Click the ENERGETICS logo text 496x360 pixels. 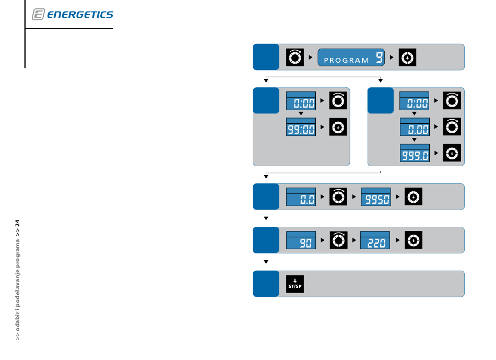click(x=80, y=15)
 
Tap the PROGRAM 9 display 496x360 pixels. click(x=351, y=57)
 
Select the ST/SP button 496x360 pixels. click(x=295, y=284)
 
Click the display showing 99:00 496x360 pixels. click(x=301, y=126)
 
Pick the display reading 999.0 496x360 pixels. click(x=415, y=153)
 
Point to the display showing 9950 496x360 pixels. click(x=376, y=196)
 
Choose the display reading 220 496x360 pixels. click(x=375, y=240)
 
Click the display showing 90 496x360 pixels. click(x=301, y=240)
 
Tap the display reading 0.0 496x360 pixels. click(x=301, y=196)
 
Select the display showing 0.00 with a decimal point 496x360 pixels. click(x=415, y=126)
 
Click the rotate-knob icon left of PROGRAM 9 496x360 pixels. click(x=295, y=57)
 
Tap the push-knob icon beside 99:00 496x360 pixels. click(x=338, y=127)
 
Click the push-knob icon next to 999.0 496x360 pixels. click(x=452, y=153)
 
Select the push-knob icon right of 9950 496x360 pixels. click(x=414, y=196)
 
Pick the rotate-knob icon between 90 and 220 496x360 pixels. click(x=338, y=240)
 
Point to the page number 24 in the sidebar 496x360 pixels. click(x=17, y=223)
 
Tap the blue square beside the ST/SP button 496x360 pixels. click(x=266, y=284)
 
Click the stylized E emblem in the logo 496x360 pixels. click(x=38, y=14)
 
